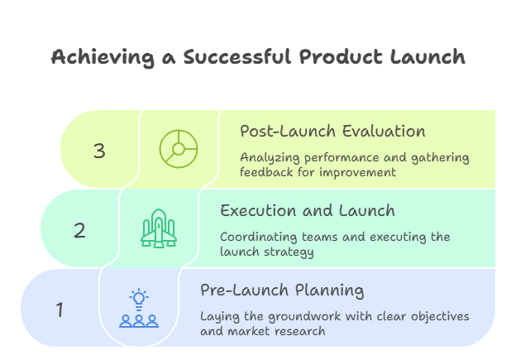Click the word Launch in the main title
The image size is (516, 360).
[427, 57]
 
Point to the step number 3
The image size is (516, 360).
[99, 151]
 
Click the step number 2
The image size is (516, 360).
[79, 230]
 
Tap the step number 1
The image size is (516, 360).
[60, 310]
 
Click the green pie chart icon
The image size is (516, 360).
[178, 150]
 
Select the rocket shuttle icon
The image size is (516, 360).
[158, 228]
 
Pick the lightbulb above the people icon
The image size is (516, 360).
[138, 297]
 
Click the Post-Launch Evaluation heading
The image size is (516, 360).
[332, 131]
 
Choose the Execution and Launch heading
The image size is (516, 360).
[307, 210]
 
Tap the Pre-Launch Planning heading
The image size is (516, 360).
[282, 290]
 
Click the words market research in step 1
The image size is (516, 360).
[275, 331]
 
